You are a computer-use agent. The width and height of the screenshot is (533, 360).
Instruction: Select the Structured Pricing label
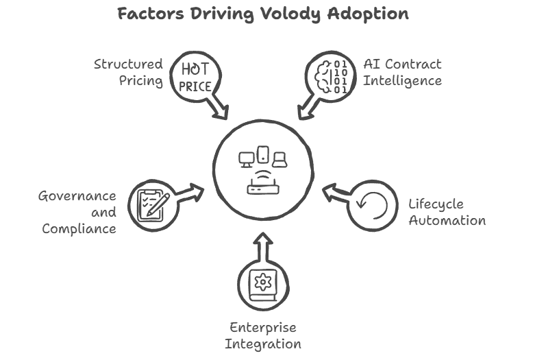tap(129, 72)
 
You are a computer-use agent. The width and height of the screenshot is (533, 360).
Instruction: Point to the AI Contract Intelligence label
tap(401, 72)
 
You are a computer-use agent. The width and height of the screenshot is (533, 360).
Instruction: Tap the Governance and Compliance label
tap(77, 212)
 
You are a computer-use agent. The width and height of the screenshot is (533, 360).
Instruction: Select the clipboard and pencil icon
tap(153, 204)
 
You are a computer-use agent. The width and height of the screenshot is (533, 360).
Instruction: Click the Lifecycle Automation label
tap(447, 212)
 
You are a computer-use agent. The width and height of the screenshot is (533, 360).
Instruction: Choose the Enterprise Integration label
tap(264, 335)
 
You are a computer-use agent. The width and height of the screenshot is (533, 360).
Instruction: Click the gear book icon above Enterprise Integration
tap(263, 283)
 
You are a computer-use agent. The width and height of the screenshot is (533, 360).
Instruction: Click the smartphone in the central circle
tap(263, 156)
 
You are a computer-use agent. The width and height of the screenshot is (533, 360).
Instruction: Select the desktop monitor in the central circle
tap(247, 160)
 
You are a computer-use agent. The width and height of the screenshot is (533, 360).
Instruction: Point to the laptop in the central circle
tap(279, 160)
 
